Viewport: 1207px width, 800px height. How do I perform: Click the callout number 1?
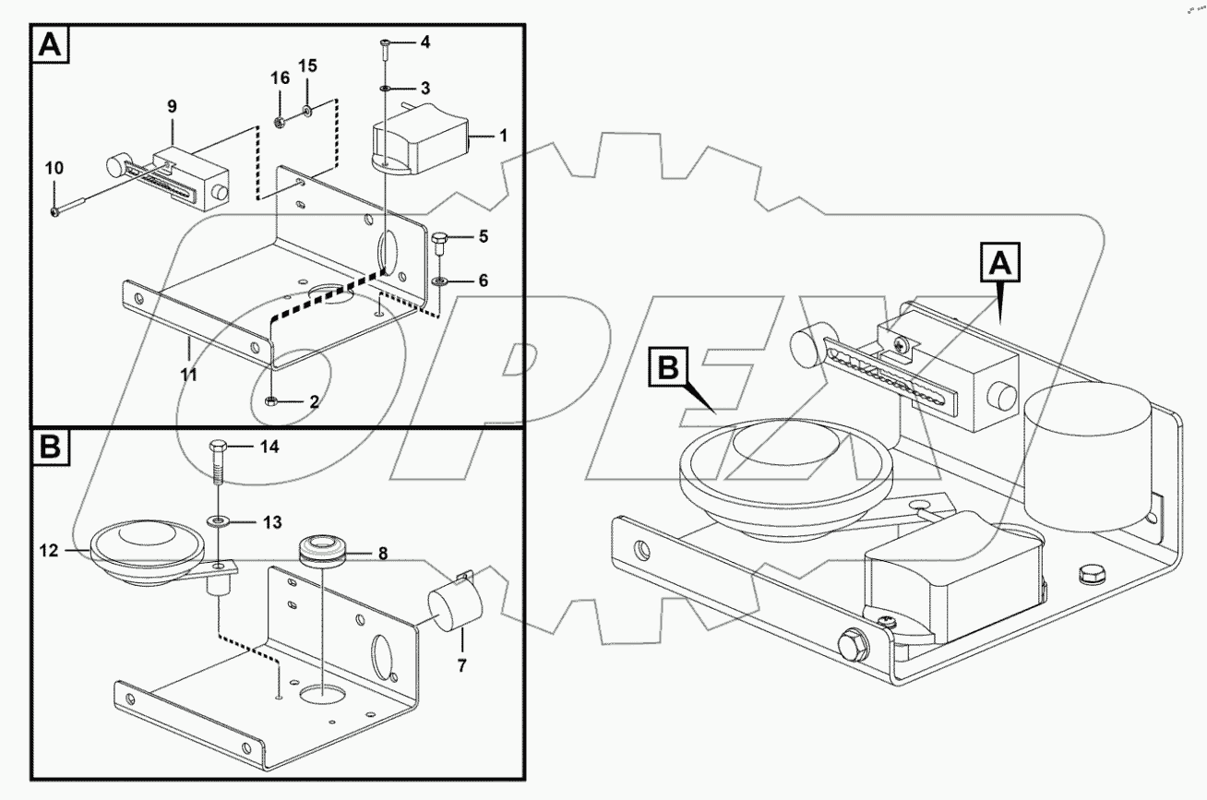(502, 135)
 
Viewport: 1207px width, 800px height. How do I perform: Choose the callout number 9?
(172, 107)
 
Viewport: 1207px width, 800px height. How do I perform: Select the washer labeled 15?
(307, 114)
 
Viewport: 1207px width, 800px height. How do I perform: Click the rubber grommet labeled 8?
(323, 551)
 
